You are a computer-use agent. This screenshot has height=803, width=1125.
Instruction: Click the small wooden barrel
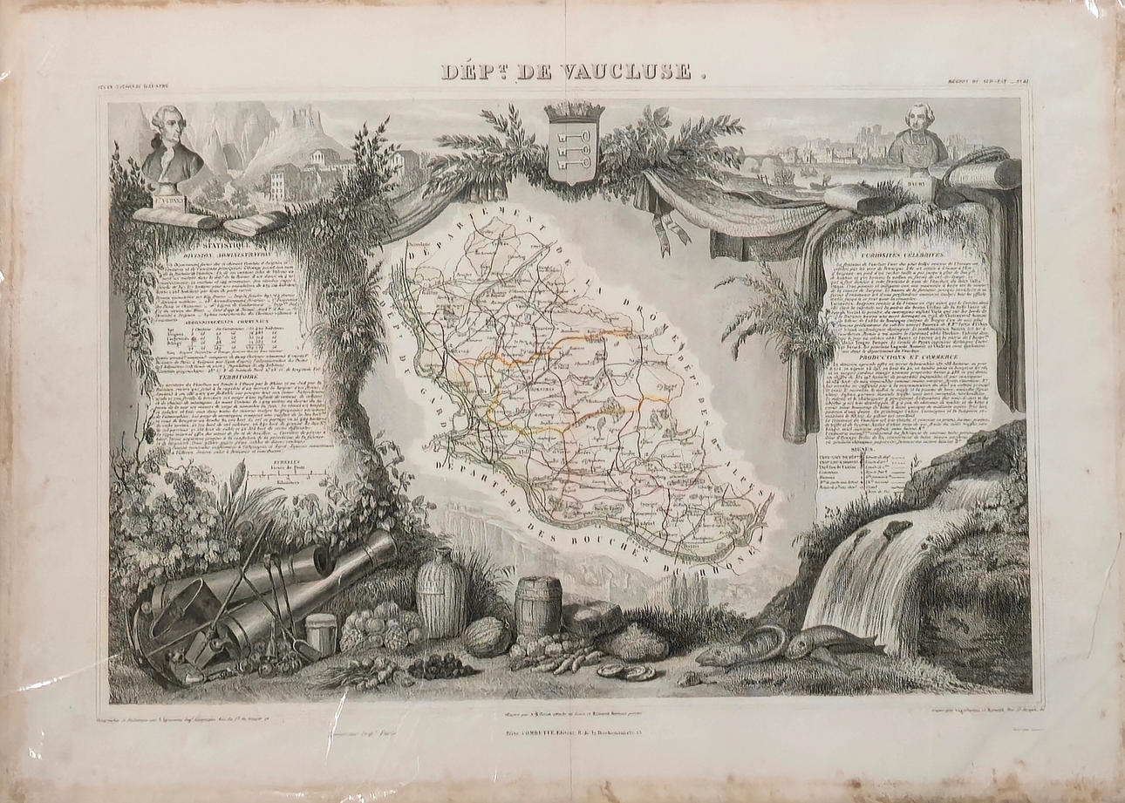[538, 606]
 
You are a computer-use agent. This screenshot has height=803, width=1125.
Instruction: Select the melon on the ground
[487, 636]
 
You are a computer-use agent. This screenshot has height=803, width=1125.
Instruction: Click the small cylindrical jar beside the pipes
[322, 634]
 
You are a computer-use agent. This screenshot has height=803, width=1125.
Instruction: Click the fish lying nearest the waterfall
[828, 643]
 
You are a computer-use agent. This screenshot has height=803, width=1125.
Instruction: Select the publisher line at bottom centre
[567, 722]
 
